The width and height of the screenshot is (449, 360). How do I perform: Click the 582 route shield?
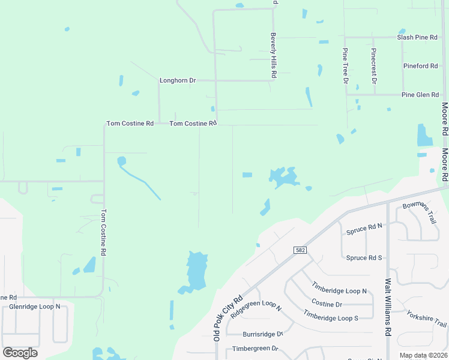coord(301,250)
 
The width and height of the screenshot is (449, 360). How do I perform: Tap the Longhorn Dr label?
coord(178,80)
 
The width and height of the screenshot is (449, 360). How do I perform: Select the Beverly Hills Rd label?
coord(273,55)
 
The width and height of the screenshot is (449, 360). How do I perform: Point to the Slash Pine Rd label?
coord(417,37)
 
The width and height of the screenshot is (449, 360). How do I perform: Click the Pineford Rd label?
coord(421,66)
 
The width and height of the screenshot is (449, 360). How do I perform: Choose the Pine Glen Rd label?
coord(420,95)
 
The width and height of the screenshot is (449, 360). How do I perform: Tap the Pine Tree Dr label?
coord(346,66)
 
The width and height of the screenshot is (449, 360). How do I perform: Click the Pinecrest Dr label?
coord(374,66)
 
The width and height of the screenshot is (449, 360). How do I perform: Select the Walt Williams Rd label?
coord(388,307)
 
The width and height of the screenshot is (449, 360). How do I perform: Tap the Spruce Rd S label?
coord(364,258)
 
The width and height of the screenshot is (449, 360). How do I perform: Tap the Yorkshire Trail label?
coord(427,319)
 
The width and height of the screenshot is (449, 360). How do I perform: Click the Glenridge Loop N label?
coord(35,307)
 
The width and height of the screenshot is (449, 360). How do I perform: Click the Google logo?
coord(20,353)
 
